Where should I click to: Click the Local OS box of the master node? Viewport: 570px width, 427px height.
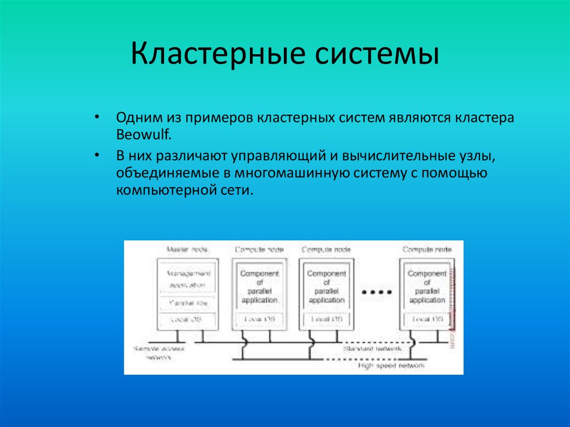186,320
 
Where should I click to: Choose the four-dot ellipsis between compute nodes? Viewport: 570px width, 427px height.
377,291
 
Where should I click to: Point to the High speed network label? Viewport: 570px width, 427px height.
391,366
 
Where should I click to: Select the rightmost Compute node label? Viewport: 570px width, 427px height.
427,250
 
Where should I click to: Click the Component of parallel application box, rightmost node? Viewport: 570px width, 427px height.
427,287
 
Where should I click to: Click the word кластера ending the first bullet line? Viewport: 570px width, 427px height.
485,118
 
